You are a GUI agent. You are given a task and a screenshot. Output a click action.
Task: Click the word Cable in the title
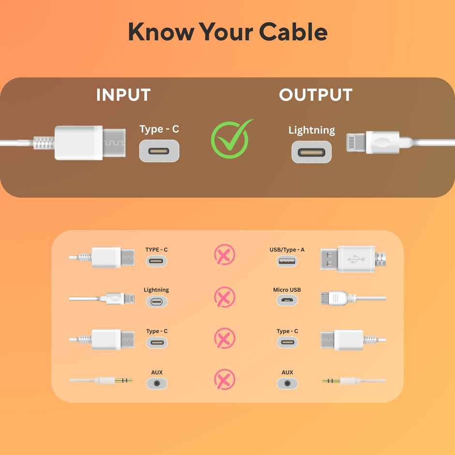coord(293,32)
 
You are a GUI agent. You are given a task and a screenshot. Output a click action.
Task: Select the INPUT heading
coord(123,95)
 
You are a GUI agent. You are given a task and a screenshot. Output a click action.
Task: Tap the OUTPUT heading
coord(316,95)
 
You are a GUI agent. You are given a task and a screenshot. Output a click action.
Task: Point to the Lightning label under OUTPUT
coord(311,130)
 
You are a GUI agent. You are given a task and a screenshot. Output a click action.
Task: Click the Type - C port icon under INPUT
coord(159,151)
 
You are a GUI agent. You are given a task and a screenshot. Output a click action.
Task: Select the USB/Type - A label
coord(287,250)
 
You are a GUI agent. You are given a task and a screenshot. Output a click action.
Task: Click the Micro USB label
coord(287,290)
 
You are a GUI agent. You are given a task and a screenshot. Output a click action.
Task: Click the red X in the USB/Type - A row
coord(225,255)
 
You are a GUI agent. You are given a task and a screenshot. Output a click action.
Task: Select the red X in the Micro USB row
coord(225,296)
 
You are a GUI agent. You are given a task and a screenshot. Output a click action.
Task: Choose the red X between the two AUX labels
coord(225,379)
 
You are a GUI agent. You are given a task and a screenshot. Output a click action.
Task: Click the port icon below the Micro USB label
coord(287,301)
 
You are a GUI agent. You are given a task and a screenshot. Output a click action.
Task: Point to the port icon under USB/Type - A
coord(287,261)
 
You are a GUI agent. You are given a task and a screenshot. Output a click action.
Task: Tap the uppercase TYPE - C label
coord(156,250)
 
